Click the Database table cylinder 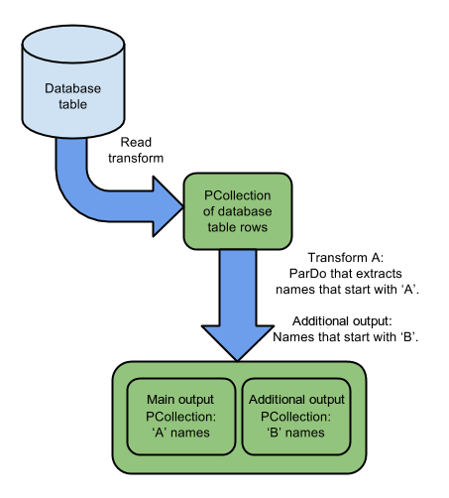[73, 81]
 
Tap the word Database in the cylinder [73, 88]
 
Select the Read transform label [136, 150]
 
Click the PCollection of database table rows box [238, 211]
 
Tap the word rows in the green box [254, 227]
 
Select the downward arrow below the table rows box [238, 305]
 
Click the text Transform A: [346, 258]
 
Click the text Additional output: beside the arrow [342, 321]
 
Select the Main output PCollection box [181, 417]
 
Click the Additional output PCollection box [296, 417]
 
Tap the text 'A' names [181, 433]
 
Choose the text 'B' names [295, 433]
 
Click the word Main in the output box [160, 400]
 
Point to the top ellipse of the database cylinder [73, 44]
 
